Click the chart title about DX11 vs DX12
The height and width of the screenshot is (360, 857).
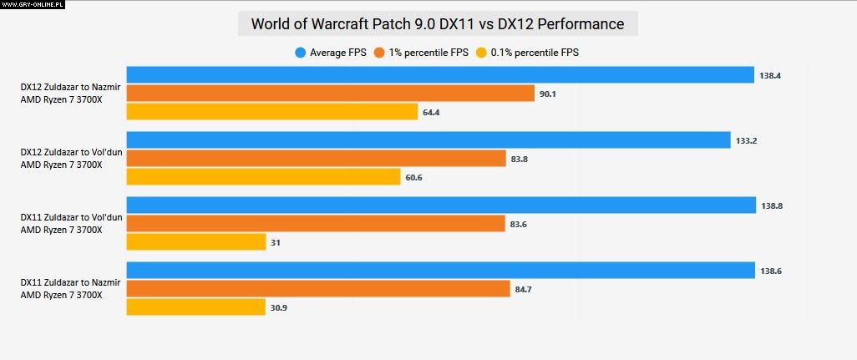point(438,24)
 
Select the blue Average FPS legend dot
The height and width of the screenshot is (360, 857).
point(301,53)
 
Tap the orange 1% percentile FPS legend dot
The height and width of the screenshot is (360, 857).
point(379,53)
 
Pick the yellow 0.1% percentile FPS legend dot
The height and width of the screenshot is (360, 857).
point(481,53)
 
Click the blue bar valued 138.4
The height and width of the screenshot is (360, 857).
point(440,75)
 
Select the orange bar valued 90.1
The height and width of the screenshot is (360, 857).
point(330,94)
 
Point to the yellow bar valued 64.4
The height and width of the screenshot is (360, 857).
point(271,112)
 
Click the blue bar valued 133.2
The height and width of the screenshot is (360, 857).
point(428,140)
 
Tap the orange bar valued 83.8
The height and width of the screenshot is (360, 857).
point(317,159)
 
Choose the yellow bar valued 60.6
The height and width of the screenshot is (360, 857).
point(263,177)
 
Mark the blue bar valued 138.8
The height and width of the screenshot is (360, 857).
point(441,205)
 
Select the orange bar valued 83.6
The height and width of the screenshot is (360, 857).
point(316,224)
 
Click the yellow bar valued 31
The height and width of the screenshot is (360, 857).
point(196,242)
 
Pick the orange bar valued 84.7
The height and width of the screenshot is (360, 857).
point(318,289)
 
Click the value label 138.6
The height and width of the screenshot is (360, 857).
point(771,271)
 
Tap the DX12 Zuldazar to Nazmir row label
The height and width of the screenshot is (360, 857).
point(70,93)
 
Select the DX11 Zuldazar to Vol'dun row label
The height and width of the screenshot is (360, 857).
point(71,223)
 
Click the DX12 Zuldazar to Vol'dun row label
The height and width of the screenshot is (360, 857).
point(71,158)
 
